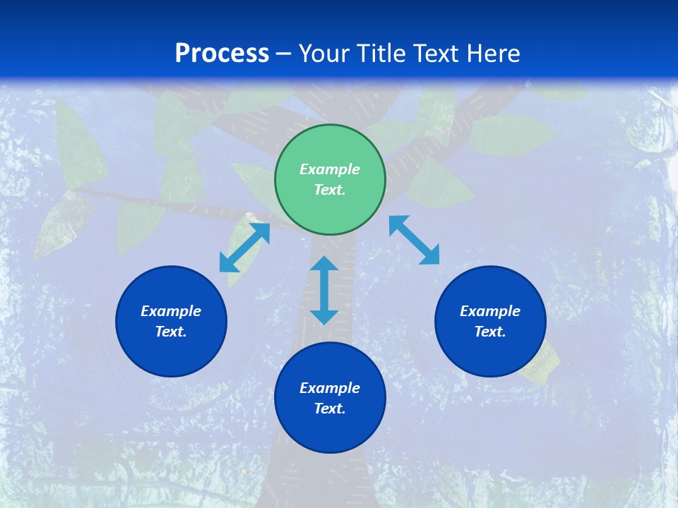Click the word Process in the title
point(222,54)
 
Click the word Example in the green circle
point(330,169)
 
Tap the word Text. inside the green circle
point(330,190)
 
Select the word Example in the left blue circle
point(171,311)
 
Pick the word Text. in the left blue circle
point(171,332)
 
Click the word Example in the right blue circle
point(490,311)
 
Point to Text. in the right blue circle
point(490,332)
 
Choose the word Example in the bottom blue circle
point(330,388)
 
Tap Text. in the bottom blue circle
point(330,409)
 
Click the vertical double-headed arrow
point(324,290)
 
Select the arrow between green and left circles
point(244,248)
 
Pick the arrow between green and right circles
point(414,240)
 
